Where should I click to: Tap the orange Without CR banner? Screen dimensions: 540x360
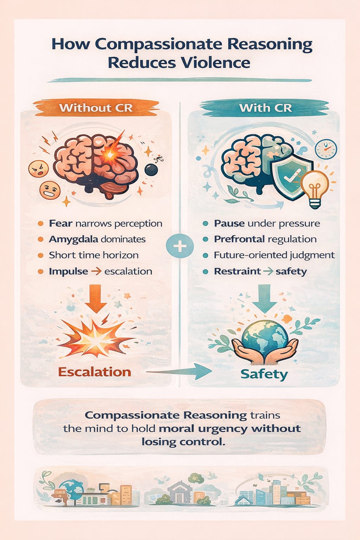[x=96, y=108]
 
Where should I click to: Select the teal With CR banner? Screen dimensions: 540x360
[x=265, y=108]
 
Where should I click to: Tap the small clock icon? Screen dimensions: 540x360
[x=326, y=149]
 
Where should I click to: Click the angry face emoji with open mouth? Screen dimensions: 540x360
[x=38, y=168]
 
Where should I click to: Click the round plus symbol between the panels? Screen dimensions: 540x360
[x=180, y=246]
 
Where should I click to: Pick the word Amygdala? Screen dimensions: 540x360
[x=73, y=239]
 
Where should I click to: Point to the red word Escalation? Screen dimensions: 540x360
[x=95, y=372]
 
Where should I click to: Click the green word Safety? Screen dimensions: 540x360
[x=264, y=374]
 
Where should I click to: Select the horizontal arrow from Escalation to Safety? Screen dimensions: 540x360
[x=179, y=371]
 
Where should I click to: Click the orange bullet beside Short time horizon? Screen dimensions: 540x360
[x=40, y=255]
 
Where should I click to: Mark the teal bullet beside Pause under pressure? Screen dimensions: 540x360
[x=206, y=224]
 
